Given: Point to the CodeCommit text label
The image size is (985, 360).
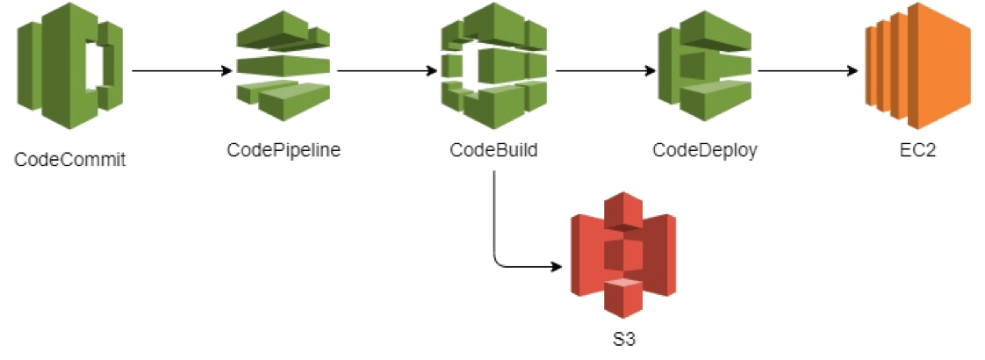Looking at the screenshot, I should [70, 160].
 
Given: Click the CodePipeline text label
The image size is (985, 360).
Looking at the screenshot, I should [284, 150].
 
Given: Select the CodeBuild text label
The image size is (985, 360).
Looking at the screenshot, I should [493, 150].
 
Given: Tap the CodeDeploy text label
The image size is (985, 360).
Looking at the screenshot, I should [704, 150].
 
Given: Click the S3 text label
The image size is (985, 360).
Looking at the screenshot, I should [622, 338].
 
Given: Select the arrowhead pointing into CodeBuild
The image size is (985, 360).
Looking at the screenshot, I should [431, 70].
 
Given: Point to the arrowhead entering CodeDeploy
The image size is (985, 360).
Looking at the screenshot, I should [651, 70].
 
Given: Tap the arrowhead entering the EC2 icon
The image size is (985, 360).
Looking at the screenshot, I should [852, 70].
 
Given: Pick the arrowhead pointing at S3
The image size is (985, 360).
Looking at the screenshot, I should [557, 265].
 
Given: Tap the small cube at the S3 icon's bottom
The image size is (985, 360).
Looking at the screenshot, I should [624, 299].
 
